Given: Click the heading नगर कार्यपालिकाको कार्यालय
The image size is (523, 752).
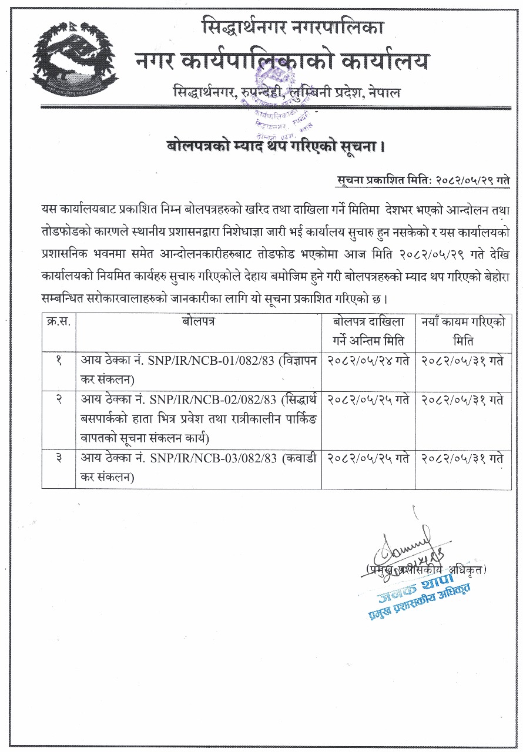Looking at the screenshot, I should [282, 61].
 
